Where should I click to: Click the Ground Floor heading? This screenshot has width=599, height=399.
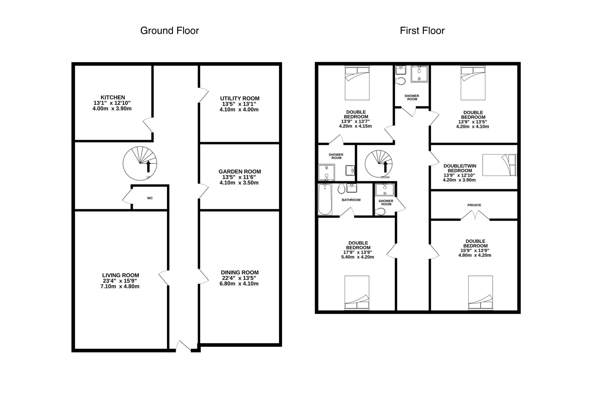click(x=169, y=31)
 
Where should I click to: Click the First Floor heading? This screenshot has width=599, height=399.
click(x=422, y=31)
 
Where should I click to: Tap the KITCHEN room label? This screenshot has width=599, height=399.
click(x=113, y=98)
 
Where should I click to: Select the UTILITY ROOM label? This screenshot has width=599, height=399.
click(x=240, y=99)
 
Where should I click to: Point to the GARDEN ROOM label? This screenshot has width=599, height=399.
click(x=240, y=172)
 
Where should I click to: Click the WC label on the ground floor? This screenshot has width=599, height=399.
click(x=150, y=198)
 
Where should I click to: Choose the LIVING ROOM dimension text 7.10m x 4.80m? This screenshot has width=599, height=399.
click(x=120, y=286)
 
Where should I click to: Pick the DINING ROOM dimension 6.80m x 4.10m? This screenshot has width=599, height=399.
click(x=239, y=284)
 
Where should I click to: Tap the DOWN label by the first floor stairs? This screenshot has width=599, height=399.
click(x=385, y=177)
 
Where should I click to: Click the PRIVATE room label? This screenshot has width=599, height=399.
click(x=474, y=205)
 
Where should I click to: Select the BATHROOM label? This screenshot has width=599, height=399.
click(x=351, y=200)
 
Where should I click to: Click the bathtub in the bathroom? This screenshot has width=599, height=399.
click(x=325, y=199)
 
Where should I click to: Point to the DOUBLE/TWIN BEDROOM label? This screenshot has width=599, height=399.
click(x=460, y=168)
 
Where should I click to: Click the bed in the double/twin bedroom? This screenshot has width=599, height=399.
click(x=499, y=165)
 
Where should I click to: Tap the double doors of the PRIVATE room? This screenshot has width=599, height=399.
click(x=475, y=215)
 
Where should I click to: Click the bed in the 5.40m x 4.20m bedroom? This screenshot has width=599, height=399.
click(x=357, y=293)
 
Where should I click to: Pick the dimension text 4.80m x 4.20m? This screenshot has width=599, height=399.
click(x=475, y=255)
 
